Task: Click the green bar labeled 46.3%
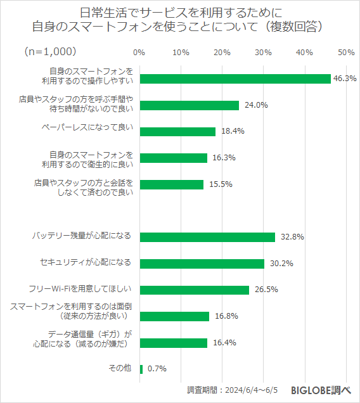(235, 79)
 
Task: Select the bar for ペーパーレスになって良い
(177, 132)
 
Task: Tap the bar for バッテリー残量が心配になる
(207, 237)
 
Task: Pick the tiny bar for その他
(141, 369)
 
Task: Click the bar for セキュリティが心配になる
(202, 264)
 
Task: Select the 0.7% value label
(157, 369)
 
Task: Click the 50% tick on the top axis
(346, 53)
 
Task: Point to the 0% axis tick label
(140, 53)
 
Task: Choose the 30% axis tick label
(264, 53)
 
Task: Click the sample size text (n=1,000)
(50, 51)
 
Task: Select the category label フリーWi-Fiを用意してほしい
(80, 289)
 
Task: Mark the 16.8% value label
(226, 316)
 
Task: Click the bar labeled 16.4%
(174, 343)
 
